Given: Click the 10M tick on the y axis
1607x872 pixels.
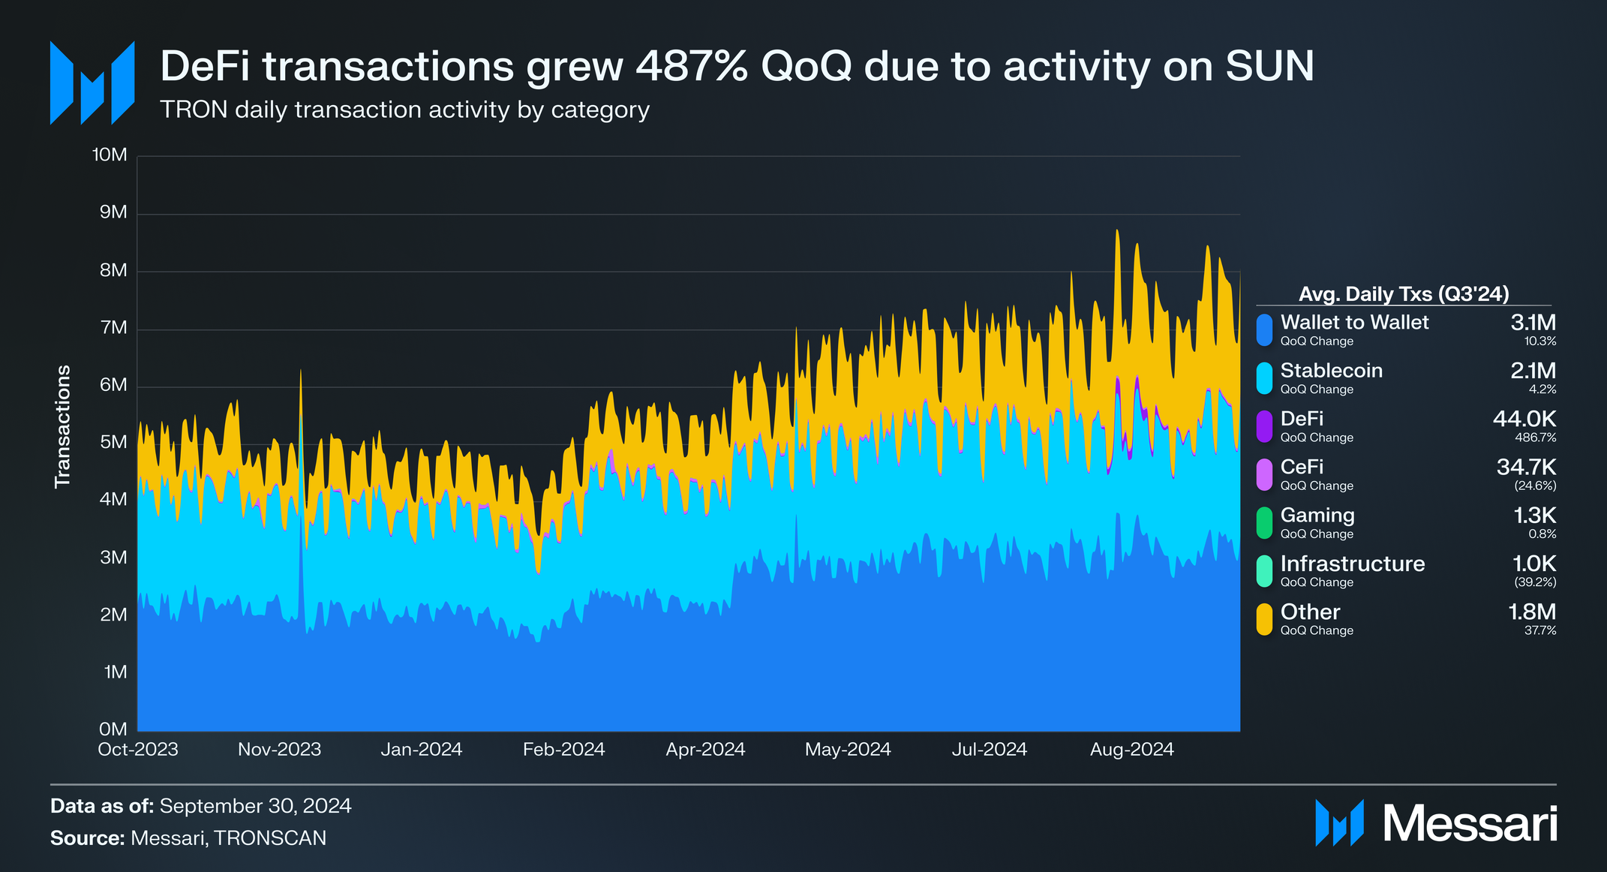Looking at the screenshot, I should click(110, 155).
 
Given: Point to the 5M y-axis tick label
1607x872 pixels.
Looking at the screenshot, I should click(113, 442).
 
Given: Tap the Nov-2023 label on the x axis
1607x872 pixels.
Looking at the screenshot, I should click(279, 749).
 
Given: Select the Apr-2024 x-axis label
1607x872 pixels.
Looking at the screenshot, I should click(705, 749).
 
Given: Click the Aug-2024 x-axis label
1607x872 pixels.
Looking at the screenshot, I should click(1131, 749).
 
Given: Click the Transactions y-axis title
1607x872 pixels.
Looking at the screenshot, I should click(63, 426).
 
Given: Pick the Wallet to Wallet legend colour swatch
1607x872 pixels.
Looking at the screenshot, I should click(1264, 330).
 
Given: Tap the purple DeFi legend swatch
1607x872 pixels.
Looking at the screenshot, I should click(1264, 426).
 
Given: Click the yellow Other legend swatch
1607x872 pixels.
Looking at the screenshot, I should click(1264, 619).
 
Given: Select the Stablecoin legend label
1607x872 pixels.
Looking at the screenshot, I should click(1331, 371).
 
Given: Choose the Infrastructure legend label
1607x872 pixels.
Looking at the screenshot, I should click(1352, 564).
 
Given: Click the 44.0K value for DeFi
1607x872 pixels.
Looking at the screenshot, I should click(1524, 419).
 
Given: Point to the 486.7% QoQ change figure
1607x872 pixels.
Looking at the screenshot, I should click(1534, 438).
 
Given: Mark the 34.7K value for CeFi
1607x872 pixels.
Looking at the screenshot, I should click(1526, 467).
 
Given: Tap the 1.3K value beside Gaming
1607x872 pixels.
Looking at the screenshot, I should click(1534, 516).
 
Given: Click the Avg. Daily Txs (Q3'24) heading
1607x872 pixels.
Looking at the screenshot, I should click(1403, 294).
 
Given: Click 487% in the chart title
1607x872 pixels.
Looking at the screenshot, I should click(691, 66).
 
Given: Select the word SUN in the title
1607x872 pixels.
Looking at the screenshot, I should click(1269, 66).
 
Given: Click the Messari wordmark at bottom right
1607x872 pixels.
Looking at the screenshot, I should click(1470, 824).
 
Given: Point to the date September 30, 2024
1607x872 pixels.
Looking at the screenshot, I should click(255, 806).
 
